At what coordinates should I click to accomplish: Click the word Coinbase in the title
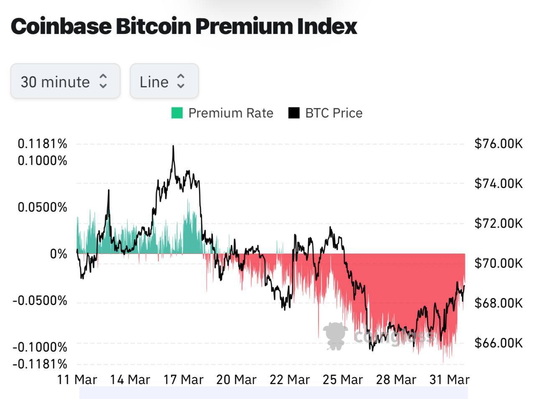click(x=61, y=26)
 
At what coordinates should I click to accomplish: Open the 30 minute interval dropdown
click(x=65, y=81)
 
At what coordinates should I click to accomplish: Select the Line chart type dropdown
click(x=164, y=81)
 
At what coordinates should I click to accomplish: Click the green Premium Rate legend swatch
click(x=177, y=113)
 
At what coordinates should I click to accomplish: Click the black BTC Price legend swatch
click(x=294, y=113)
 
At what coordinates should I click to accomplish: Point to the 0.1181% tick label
click(x=42, y=144)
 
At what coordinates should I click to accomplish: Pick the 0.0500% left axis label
click(x=42, y=207)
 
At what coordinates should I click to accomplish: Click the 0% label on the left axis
click(x=59, y=254)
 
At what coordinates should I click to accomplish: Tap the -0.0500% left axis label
click(x=40, y=301)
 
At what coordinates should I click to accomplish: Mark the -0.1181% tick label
click(x=40, y=364)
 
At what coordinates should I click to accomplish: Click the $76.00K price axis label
click(x=498, y=144)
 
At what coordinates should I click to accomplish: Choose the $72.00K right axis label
click(x=498, y=223)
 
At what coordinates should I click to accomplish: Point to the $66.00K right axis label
click(x=498, y=343)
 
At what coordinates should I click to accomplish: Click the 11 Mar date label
click(x=77, y=379)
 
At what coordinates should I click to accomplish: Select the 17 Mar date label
click(x=183, y=379)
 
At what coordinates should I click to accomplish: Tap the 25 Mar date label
click(x=343, y=379)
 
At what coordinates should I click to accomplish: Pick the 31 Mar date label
click(x=449, y=379)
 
